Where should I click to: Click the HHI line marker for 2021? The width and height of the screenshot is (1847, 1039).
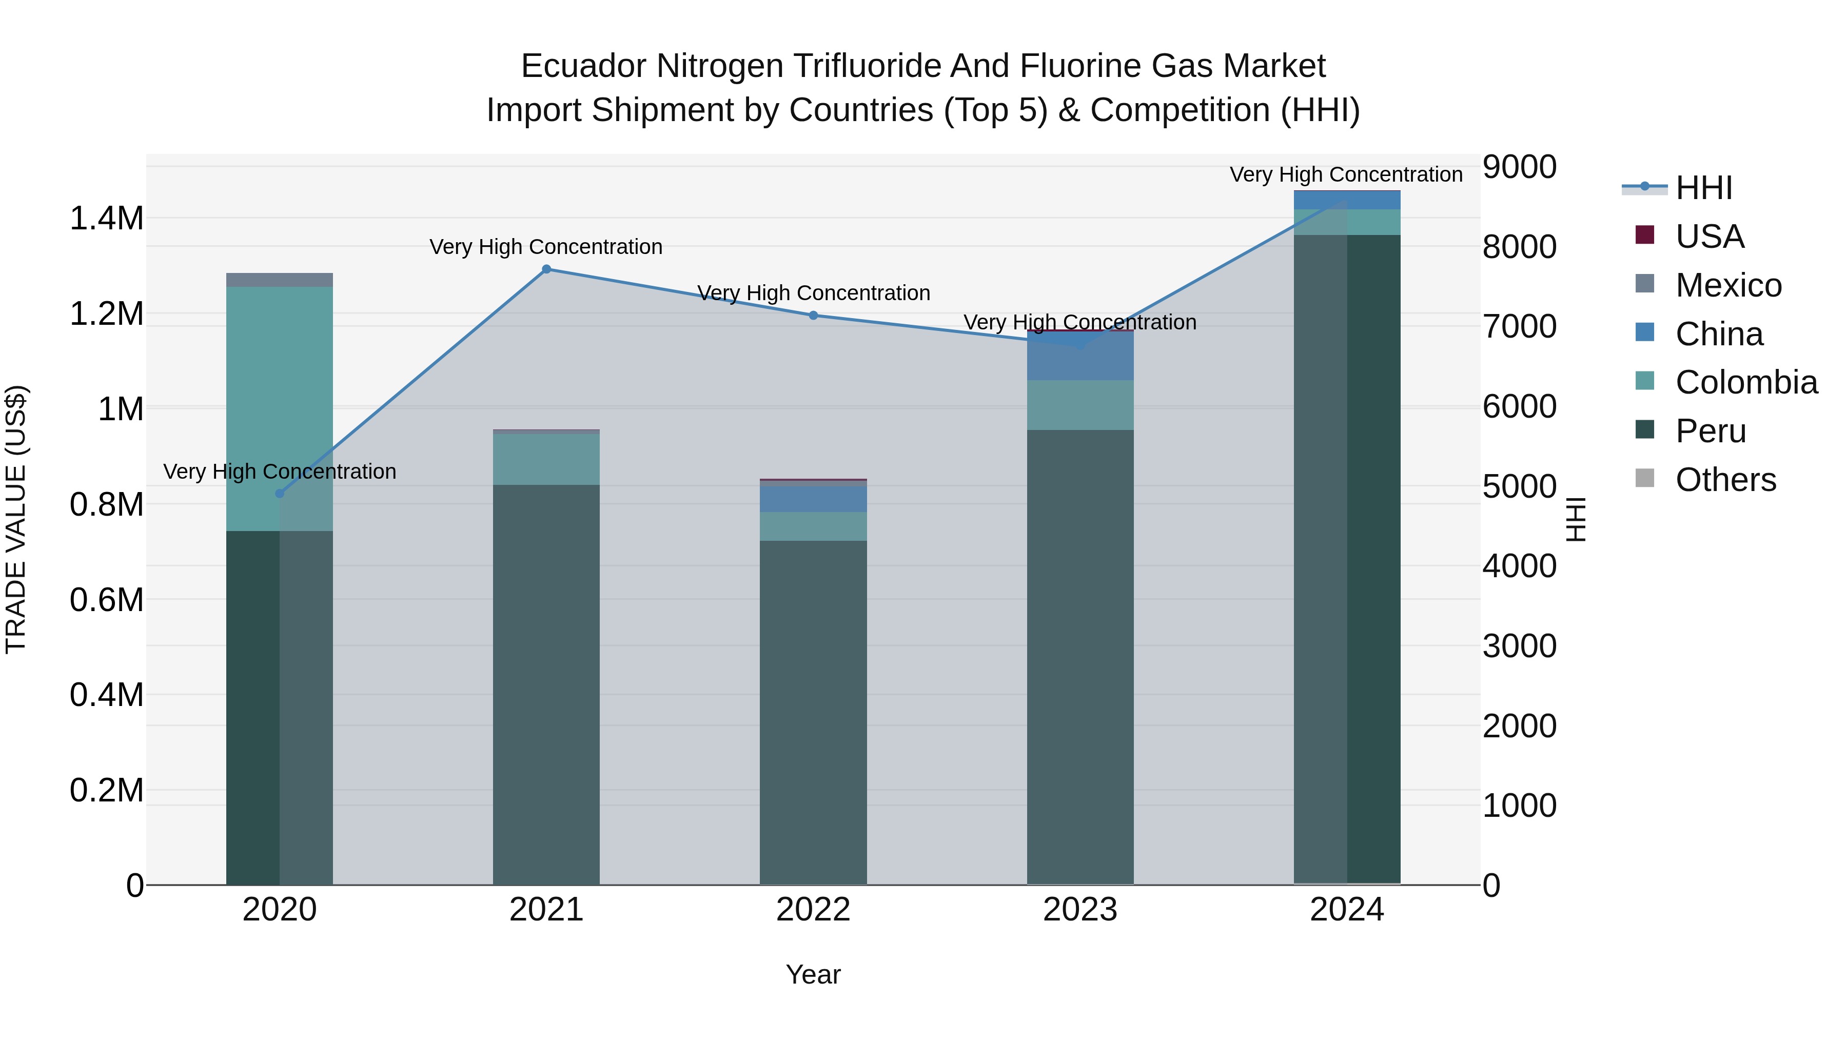(x=546, y=269)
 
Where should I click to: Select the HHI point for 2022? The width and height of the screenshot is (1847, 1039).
(x=813, y=316)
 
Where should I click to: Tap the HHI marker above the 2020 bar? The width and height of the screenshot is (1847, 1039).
(x=280, y=493)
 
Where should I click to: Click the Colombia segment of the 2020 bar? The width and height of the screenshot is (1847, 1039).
(x=280, y=409)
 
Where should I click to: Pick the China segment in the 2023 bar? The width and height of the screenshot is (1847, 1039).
(x=1080, y=357)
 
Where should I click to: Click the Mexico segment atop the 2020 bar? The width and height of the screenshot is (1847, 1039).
(x=280, y=280)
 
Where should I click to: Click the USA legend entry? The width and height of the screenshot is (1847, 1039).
(x=1710, y=237)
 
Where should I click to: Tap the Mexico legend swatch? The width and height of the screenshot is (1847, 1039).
(x=1645, y=284)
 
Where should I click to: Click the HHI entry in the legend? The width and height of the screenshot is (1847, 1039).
(x=1703, y=188)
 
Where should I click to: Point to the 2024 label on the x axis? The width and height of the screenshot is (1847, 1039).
(x=1347, y=910)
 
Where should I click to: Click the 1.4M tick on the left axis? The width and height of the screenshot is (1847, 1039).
(x=107, y=219)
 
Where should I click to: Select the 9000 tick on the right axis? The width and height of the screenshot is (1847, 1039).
(x=1519, y=167)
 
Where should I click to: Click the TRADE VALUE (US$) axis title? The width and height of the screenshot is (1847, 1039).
(x=16, y=519)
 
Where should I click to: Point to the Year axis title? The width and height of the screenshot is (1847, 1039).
(x=813, y=974)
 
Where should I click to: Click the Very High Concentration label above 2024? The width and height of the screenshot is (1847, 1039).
(x=1346, y=175)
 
